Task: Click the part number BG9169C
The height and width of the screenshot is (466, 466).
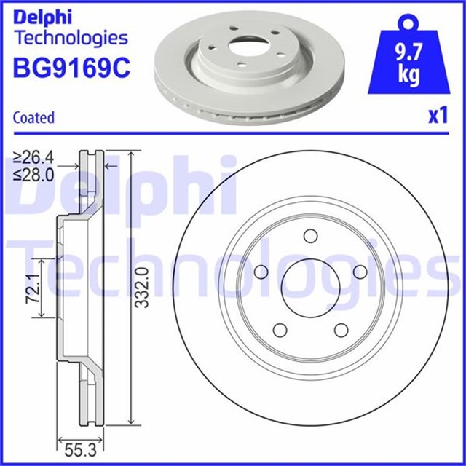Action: point(71,68)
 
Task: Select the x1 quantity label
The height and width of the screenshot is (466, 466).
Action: point(435,116)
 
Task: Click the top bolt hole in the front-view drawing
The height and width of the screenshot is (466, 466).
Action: point(309,236)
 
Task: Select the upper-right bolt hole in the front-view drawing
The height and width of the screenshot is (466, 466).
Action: point(358,271)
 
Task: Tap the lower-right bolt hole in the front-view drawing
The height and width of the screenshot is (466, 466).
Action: point(339,329)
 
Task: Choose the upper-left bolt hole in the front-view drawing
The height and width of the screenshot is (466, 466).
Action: point(260,272)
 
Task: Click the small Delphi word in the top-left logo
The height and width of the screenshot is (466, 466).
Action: point(42,16)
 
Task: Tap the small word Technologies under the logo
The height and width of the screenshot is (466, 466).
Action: point(71,37)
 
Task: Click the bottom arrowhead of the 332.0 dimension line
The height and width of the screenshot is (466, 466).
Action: point(130,422)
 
